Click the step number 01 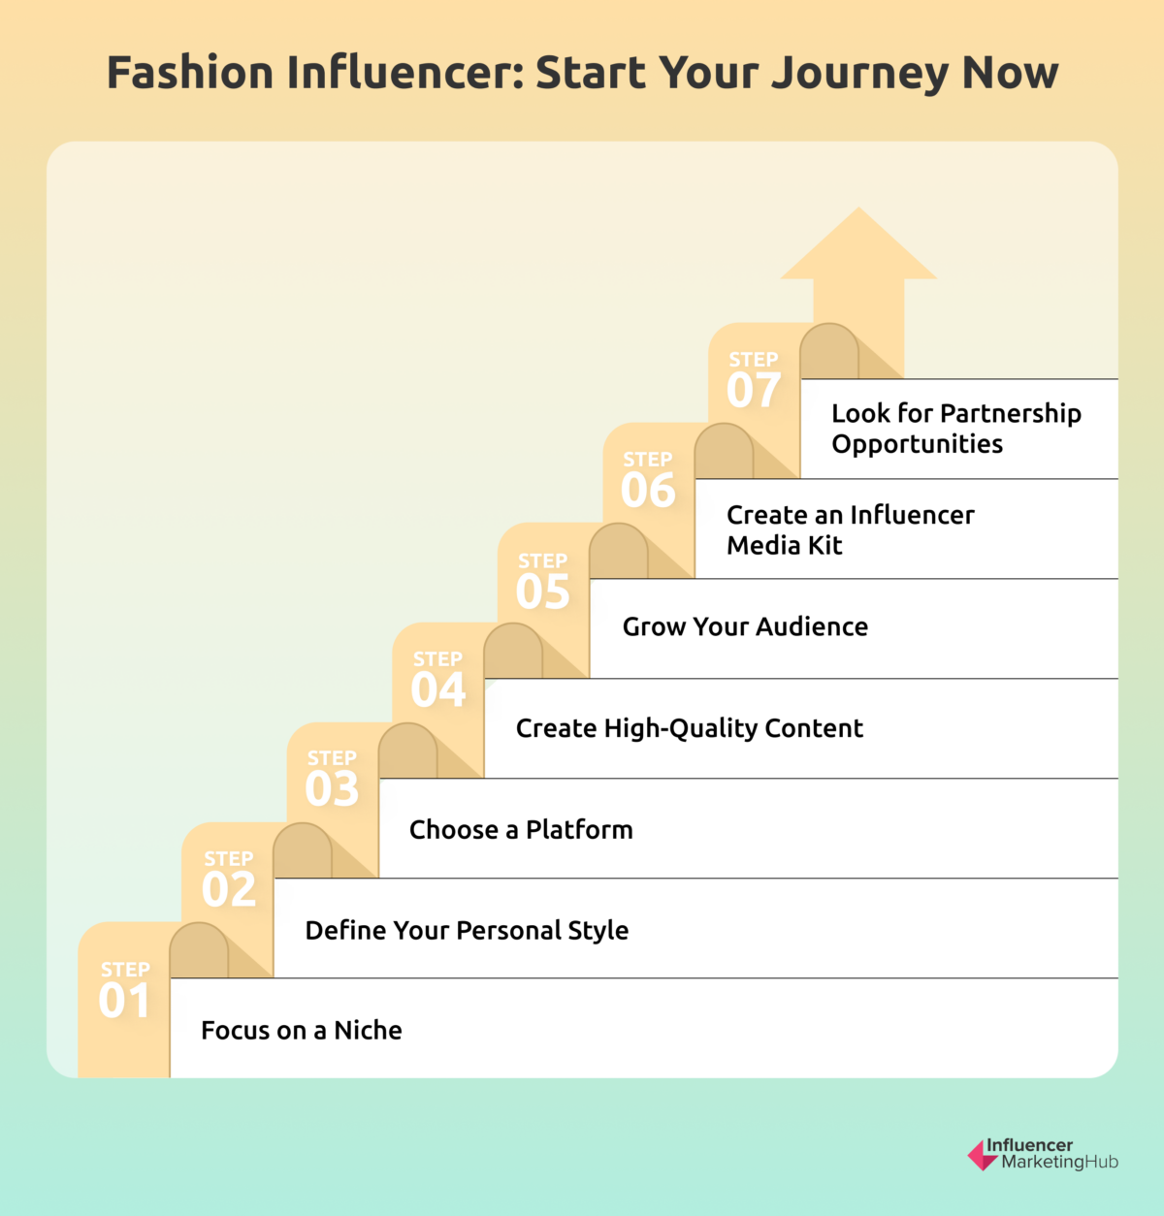pyautogui.click(x=124, y=1001)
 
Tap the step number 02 pyautogui.click(x=229, y=889)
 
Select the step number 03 pyautogui.click(x=332, y=788)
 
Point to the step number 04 pyautogui.click(x=437, y=689)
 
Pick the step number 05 pyautogui.click(x=542, y=592)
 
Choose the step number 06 pyautogui.click(x=648, y=490)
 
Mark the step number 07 pyautogui.click(x=754, y=390)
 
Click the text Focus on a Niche pyautogui.click(x=301, y=1030)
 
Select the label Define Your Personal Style pyautogui.click(x=467, y=930)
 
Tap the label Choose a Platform pyautogui.click(x=521, y=830)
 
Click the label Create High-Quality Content pyautogui.click(x=689, y=728)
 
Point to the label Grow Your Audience pyautogui.click(x=745, y=626)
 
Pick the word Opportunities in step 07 pyautogui.click(x=917, y=444)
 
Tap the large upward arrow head pyautogui.click(x=858, y=247)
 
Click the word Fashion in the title pyautogui.click(x=190, y=73)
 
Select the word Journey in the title pyautogui.click(x=855, y=74)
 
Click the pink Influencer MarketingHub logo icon pyautogui.click(x=981, y=1155)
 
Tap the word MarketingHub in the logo pyautogui.click(x=1059, y=1162)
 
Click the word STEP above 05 pyautogui.click(x=542, y=560)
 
